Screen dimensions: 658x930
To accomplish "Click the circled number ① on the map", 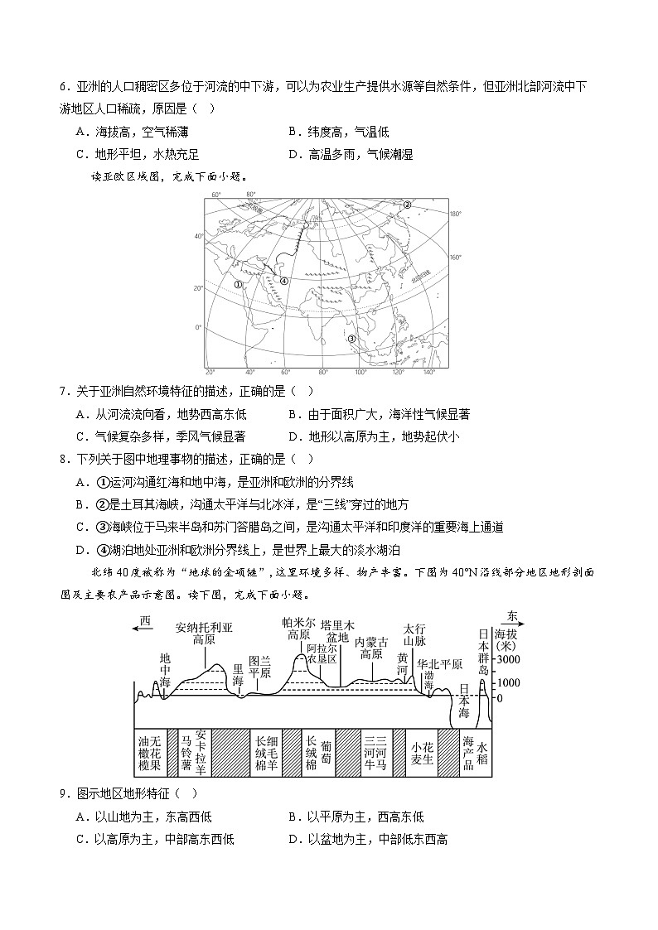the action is tap(238, 284).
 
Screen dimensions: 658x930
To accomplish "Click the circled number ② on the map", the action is tap(407, 205).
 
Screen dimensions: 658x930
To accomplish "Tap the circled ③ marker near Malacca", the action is tap(351, 338).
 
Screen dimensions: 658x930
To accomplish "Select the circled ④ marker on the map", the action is tap(284, 281).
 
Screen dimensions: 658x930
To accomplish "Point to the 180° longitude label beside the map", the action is tap(454, 214).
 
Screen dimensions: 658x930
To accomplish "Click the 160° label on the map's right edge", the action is tap(454, 257).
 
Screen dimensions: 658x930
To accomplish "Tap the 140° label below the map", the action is tap(428, 373).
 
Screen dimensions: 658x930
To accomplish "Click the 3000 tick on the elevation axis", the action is tap(508, 659).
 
